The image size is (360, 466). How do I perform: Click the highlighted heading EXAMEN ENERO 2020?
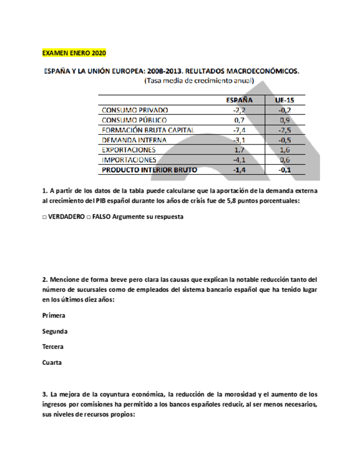[x=74, y=53]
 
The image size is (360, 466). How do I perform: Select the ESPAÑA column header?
[x=239, y=100]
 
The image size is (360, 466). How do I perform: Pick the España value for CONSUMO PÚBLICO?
[x=239, y=120]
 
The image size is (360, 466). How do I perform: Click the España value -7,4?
[x=239, y=130]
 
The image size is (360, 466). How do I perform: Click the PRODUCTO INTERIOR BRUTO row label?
[x=149, y=170]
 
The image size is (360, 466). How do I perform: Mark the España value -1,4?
[x=239, y=170]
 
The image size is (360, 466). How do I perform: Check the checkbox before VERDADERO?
[x=45, y=217]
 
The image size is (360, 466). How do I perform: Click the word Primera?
[x=54, y=316]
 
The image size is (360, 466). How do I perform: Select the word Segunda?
[x=55, y=331]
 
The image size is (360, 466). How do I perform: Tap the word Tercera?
[x=53, y=347]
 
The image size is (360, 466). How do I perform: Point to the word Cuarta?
[x=52, y=362]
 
